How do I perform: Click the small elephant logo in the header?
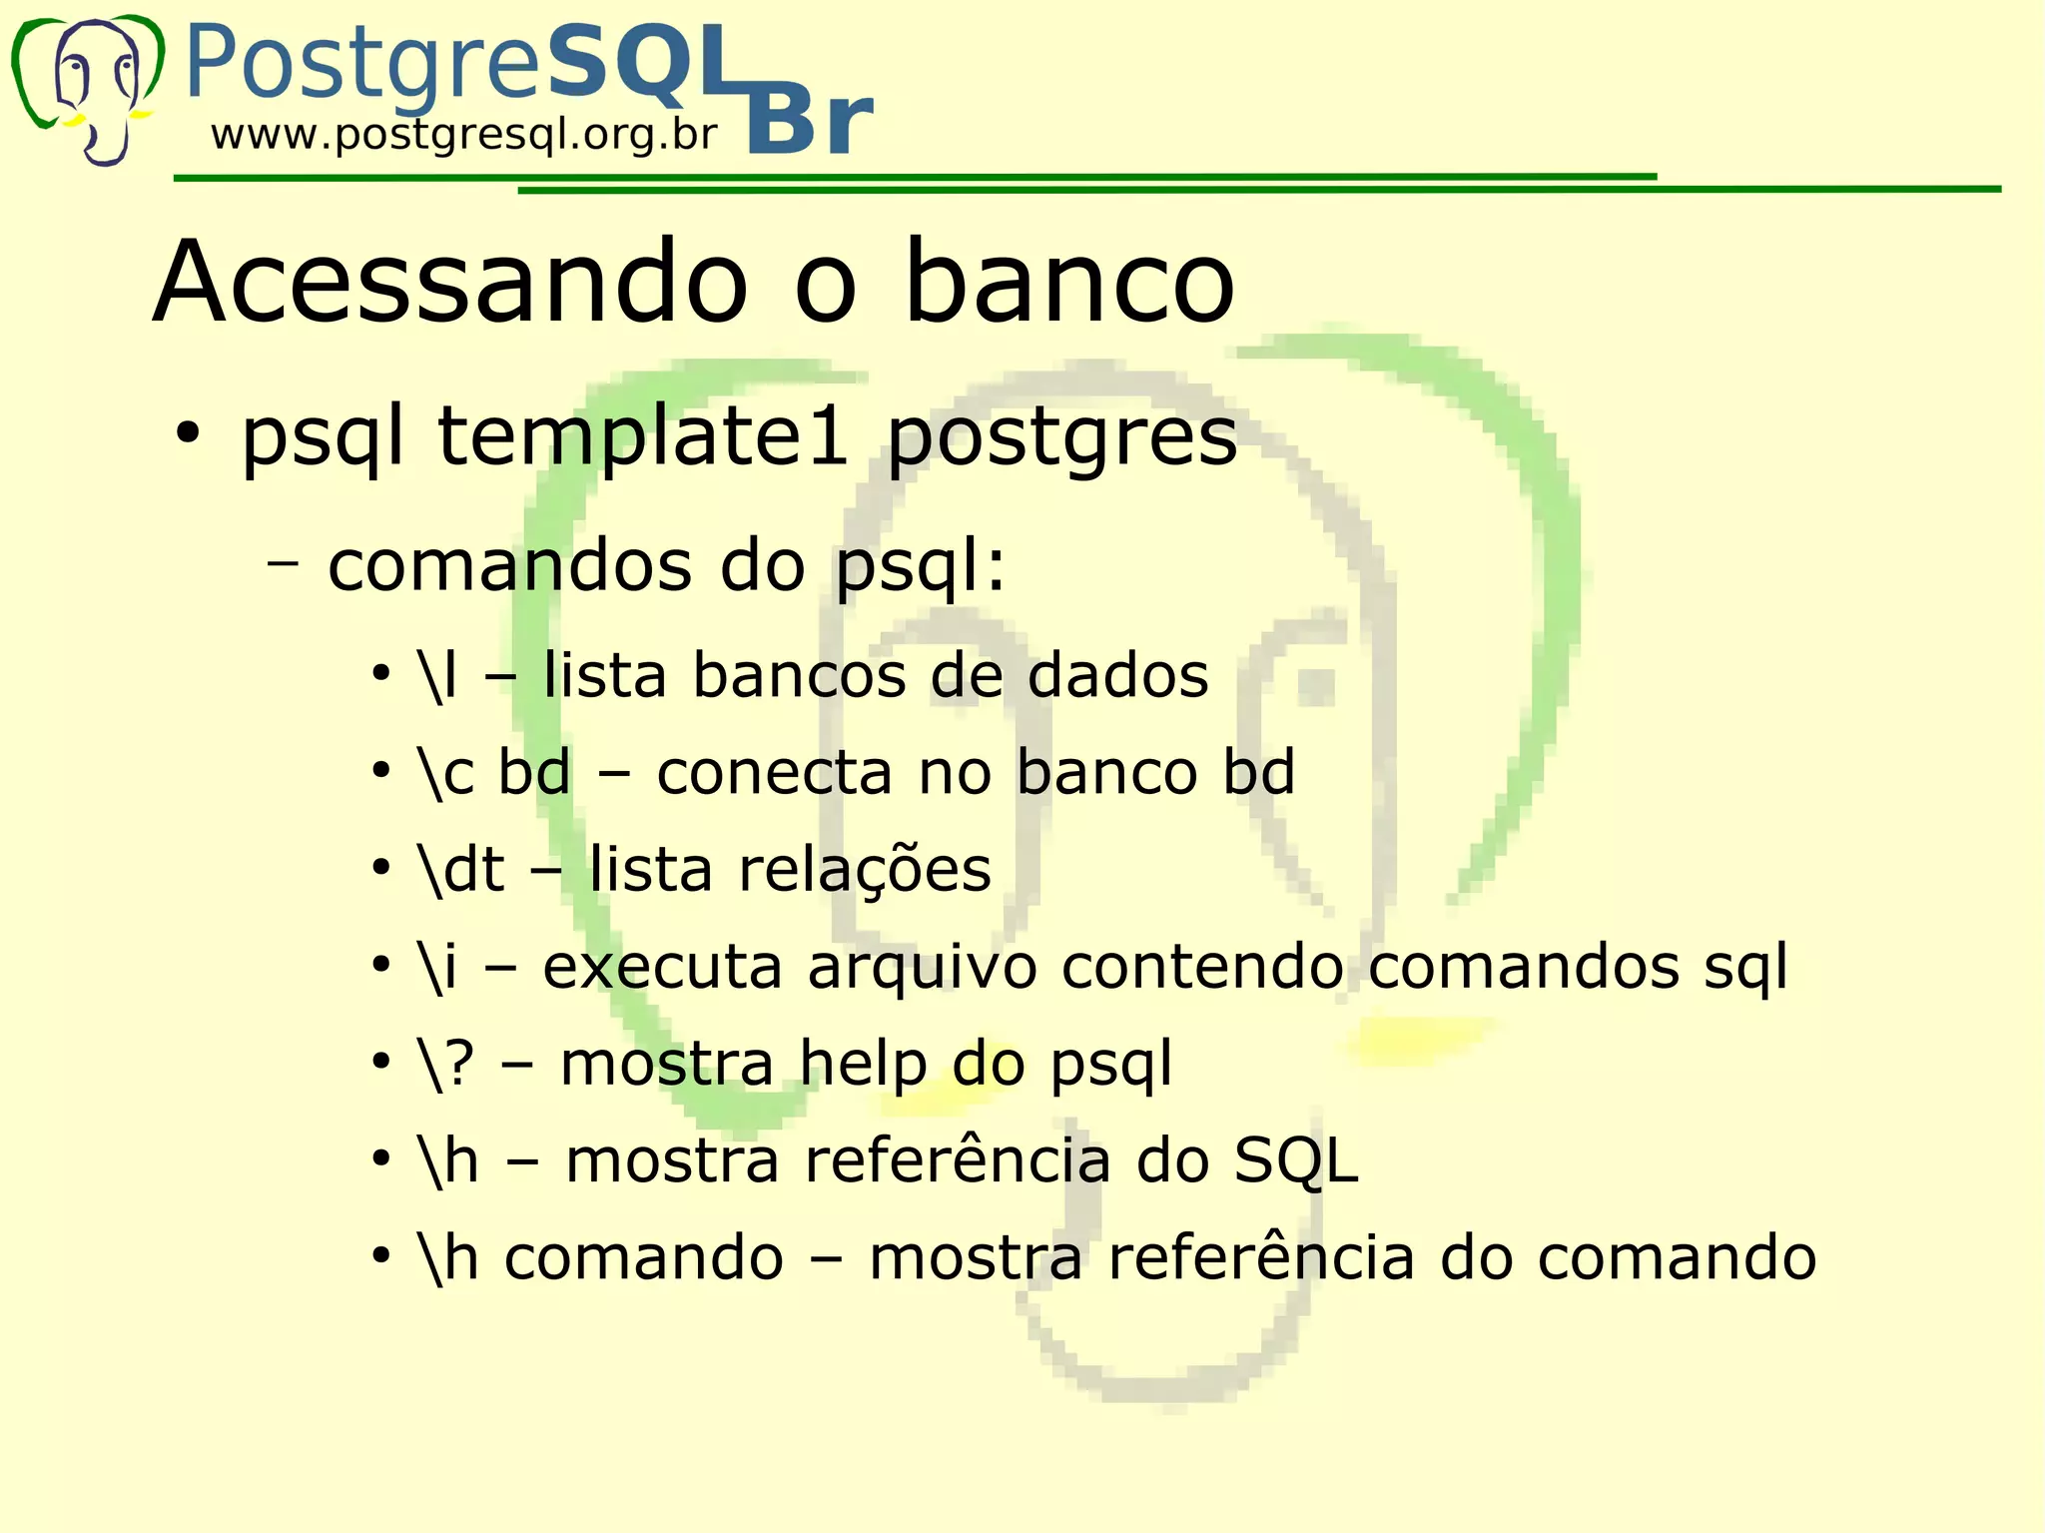coord(88,88)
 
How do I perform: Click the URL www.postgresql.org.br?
coord(463,135)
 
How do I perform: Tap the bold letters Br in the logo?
coord(810,122)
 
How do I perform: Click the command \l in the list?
coord(438,675)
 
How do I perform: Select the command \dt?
coord(461,869)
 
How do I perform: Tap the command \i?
coord(438,966)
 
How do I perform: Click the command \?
coord(445,1063)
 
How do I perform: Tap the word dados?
coord(1117,675)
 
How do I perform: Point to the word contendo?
coord(1202,966)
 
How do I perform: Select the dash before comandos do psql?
coord(284,564)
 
